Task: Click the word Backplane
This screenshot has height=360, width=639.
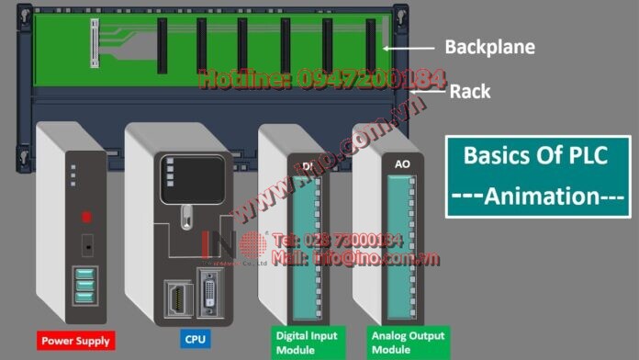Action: click(489, 47)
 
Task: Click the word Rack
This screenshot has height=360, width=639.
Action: click(469, 91)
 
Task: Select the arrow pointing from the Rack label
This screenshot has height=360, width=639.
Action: click(428, 90)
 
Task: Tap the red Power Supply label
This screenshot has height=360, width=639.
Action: click(75, 341)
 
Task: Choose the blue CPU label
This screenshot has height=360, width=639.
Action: click(195, 340)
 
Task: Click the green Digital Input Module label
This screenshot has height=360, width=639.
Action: click(305, 342)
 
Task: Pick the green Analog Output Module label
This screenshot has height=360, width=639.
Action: click(401, 342)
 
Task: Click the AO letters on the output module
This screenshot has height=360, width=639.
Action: click(401, 163)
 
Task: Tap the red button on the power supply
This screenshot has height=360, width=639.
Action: click(87, 218)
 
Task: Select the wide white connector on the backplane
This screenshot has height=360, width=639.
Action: click(93, 41)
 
